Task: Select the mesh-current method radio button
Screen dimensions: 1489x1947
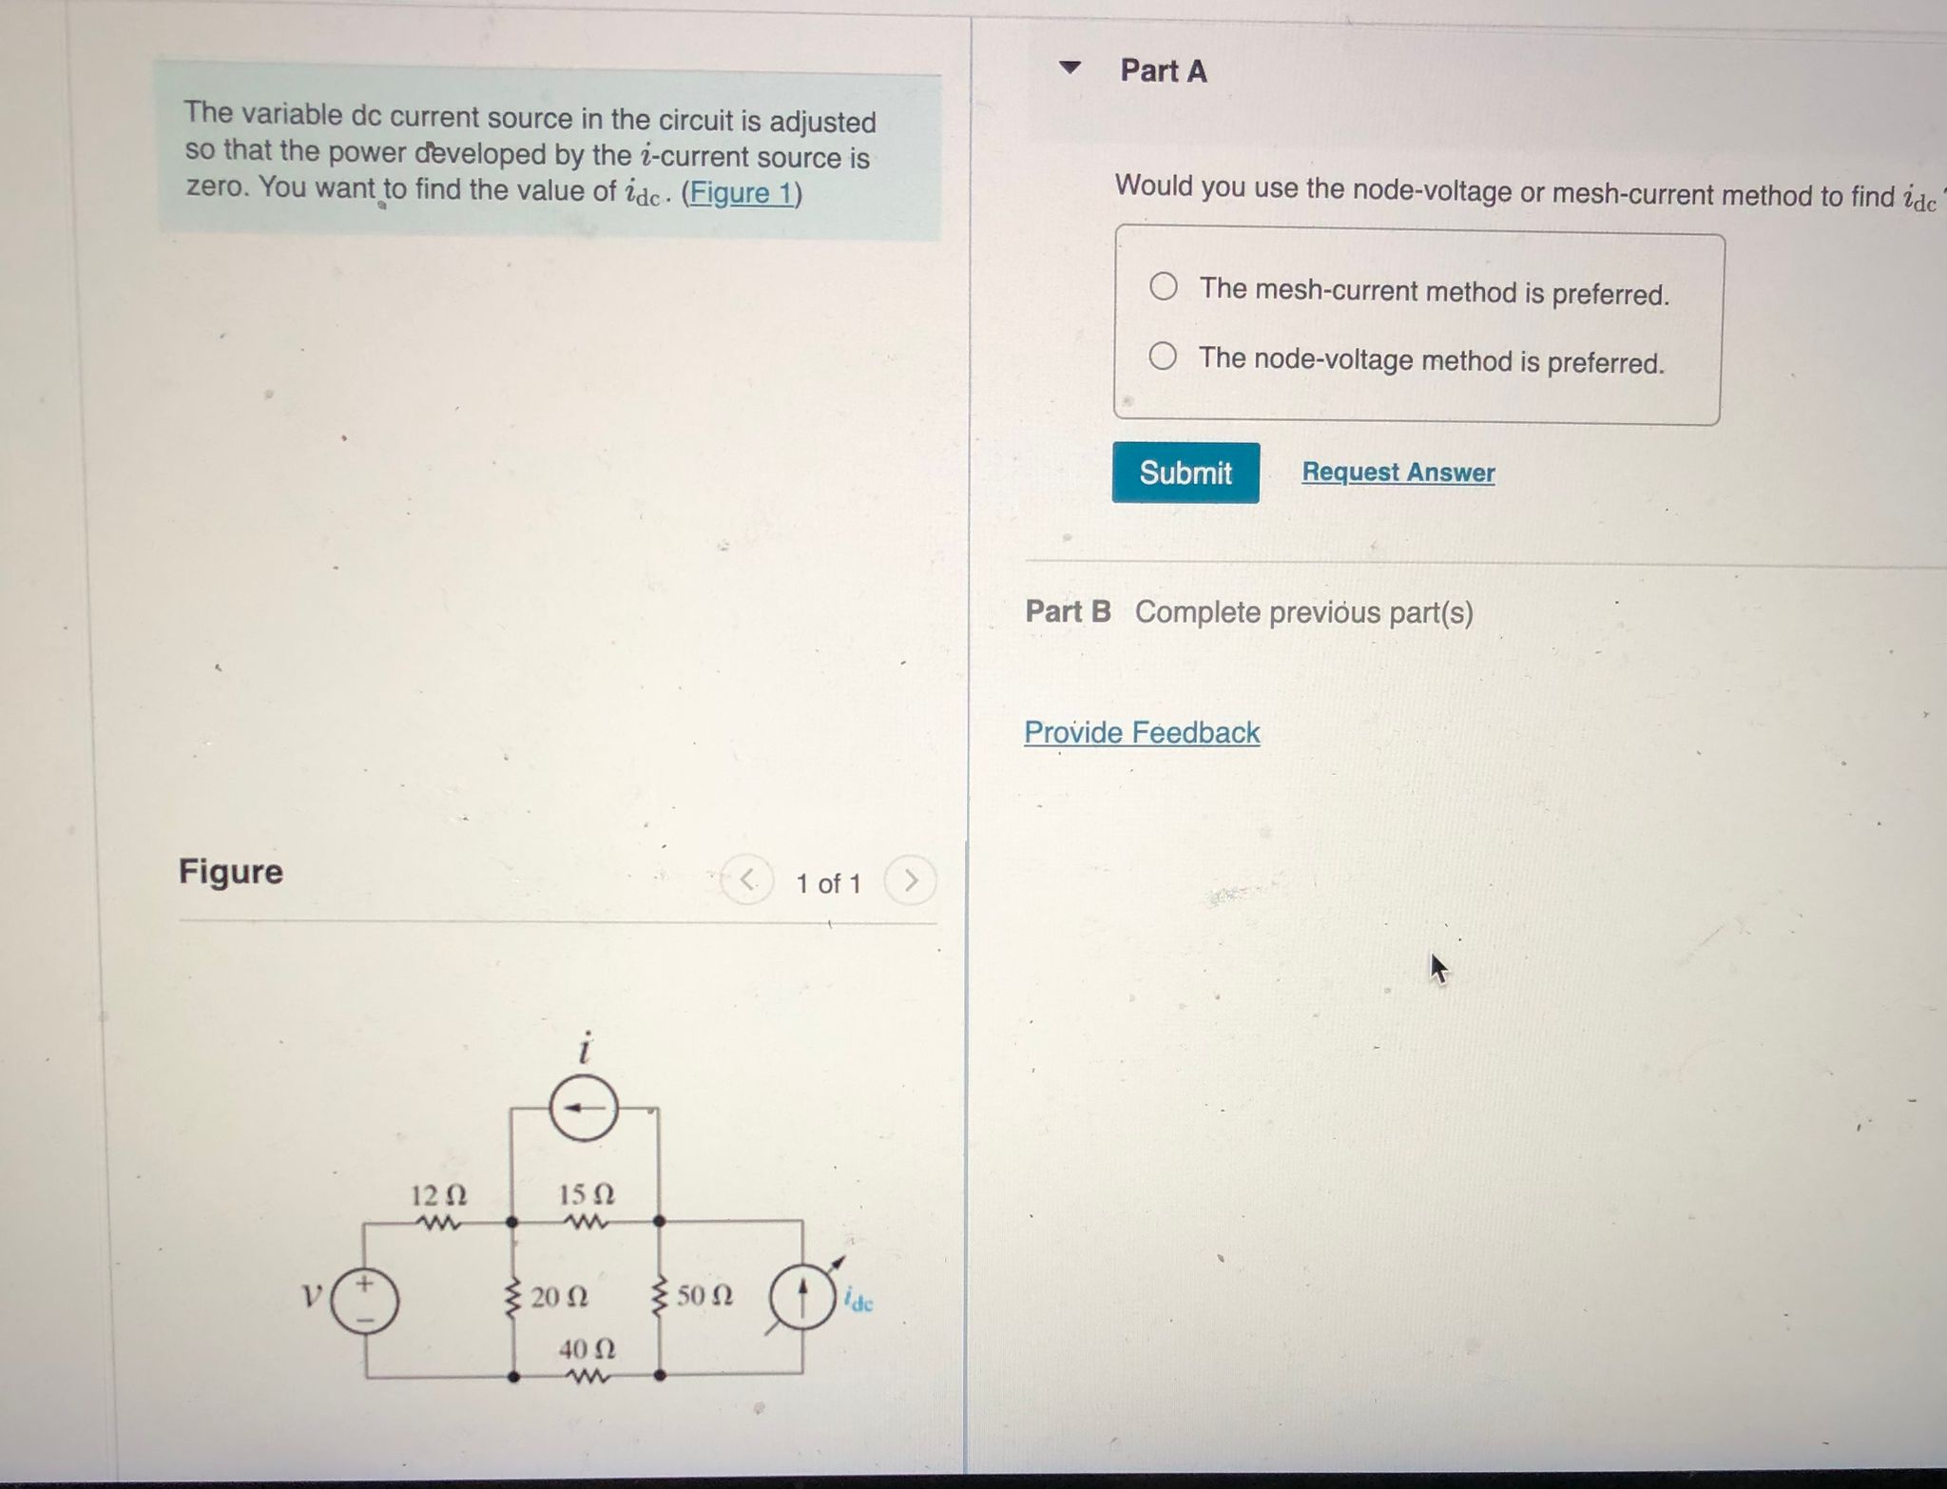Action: [x=1164, y=286]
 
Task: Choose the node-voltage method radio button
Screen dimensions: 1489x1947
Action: [x=1163, y=357]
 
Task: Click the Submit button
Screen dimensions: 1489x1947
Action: [x=1186, y=473]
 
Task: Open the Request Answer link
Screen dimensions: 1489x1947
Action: [x=1398, y=473]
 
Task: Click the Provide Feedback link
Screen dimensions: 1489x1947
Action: [x=1142, y=732]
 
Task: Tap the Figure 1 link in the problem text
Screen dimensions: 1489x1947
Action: [x=742, y=193]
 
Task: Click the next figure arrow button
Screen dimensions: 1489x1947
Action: [x=910, y=881]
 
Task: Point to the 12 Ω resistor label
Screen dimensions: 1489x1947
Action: [x=438, y=1194]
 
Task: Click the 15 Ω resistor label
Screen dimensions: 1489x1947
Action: [x=586, y=1194]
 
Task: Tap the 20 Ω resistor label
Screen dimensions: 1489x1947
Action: [x=559, y=1297]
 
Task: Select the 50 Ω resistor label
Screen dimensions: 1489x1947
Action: [x=704, y=1296]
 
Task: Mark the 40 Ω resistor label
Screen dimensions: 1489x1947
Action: [x=587, y=1349]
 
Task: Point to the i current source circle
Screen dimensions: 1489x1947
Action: [x=585, y=1108]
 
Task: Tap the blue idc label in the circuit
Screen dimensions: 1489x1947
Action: [x=858, y=1302]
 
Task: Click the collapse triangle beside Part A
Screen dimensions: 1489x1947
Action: [x=1070, y=68]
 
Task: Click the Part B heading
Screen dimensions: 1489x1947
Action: [x=1068, y=611]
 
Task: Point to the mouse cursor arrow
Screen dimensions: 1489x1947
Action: [x=1438, y=969]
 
